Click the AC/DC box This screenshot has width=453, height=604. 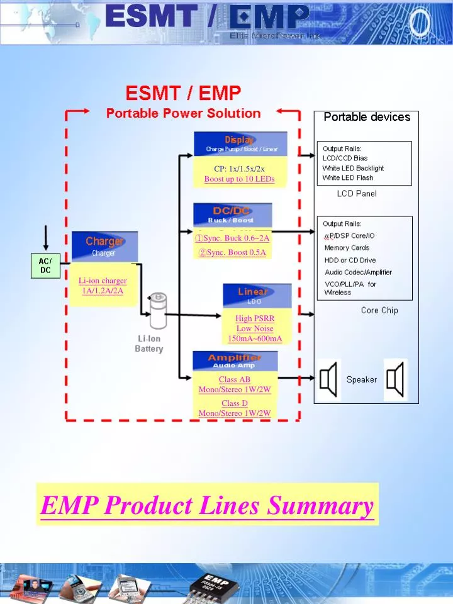point(45,266)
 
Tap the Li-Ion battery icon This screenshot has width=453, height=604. point(156,310)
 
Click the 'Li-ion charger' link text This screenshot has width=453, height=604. point(103,281)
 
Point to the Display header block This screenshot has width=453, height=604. point(240,144)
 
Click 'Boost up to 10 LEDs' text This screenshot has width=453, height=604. point(239,179)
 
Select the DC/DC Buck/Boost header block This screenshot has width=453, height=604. point(232,214)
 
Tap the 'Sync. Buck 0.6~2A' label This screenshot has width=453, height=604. point(232,238)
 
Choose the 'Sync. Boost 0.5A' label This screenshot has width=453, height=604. point(232,252)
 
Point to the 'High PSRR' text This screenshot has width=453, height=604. point(255,318)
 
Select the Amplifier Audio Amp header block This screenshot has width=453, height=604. point(234,361)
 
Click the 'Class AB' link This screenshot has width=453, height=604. point(234,379)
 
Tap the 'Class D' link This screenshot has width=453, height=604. point(234,403)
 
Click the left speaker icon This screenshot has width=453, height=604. point(329,379)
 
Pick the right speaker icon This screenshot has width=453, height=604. point(395,379)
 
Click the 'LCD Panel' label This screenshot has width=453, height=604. point(357,194)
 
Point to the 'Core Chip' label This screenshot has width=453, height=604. point(379,310)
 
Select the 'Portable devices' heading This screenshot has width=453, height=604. point(367,117)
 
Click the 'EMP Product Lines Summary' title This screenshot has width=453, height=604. point(207,505)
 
